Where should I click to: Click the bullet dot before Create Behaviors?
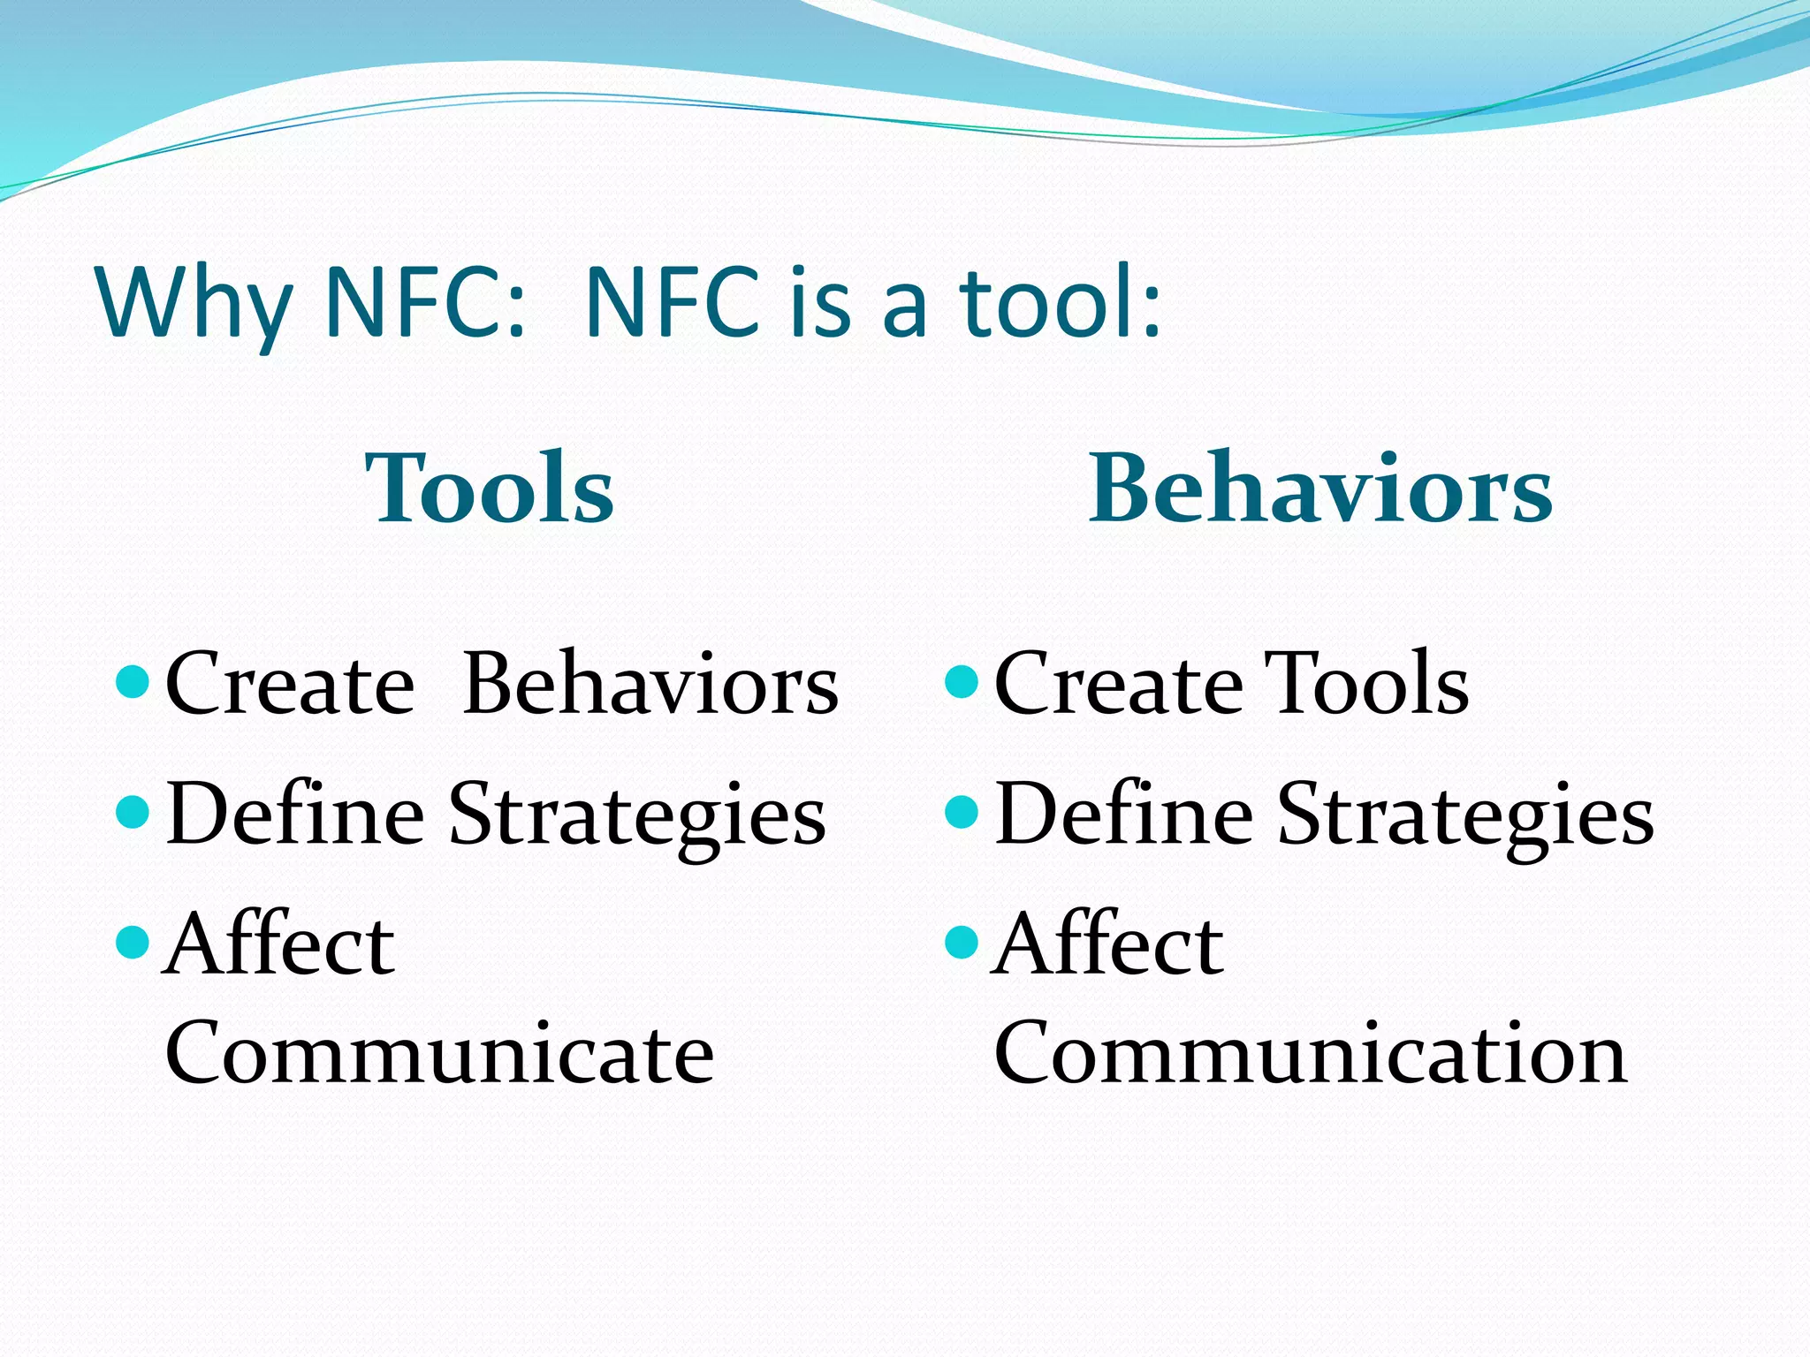(x=133, y=682)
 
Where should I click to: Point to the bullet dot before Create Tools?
(x=962, y=682)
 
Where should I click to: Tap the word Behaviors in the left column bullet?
(x=650, y=685)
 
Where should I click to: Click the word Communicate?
(x=439, y=1053)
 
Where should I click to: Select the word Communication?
(x=1310, y=1053)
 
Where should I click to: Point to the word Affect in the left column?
(x=279, y=945)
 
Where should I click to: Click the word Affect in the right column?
(x=1107, y=945)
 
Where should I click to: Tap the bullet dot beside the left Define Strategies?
(x=133, y=812)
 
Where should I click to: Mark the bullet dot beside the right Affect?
(x=962, y=943)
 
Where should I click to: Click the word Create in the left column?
(x=290, y=685)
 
